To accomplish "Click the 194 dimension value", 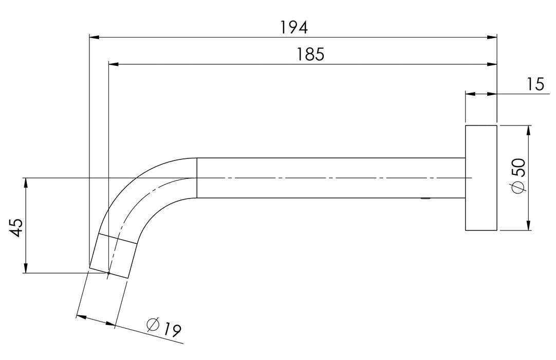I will pos(294,27).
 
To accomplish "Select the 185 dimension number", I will pos(310,54).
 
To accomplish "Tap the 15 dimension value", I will pos(535,84).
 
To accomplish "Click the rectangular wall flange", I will pos(481,177).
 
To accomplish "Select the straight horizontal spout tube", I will pos(329,178).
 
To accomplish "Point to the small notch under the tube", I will pos(425,199).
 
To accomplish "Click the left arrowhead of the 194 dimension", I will pos(94,37).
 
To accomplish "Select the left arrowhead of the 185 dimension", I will pos(114,64).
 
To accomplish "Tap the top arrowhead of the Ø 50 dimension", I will pos(529,129).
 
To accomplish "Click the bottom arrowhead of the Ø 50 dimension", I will pos(529,226).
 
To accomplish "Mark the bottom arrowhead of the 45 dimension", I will pos(25,268).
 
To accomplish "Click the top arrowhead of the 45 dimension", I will pos(25,182).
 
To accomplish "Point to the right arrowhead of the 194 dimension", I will pos(493,37).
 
